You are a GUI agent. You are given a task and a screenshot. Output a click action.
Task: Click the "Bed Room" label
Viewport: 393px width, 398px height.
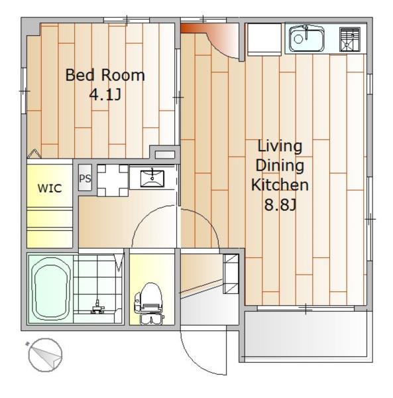[x=105, y=75]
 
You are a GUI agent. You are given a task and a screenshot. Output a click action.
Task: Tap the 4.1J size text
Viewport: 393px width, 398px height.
[x=105, y=94]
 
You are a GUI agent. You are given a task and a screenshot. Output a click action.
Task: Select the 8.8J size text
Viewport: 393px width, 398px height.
[x=280, y=204]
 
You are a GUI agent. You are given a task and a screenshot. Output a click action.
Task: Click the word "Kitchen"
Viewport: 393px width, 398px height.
[x=280, y=185]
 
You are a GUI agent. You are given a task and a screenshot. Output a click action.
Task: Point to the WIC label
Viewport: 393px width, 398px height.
[x=50, y=188]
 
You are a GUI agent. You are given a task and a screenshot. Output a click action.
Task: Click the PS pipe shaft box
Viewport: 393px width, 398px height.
[x=85, y=178]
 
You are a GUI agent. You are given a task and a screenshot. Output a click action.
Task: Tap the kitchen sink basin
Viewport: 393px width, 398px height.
[x=307, y=39]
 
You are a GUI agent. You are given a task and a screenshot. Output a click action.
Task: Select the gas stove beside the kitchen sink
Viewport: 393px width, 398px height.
[x=350, y=39]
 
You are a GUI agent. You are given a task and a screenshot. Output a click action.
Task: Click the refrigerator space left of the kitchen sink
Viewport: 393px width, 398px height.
[x=264, y=39]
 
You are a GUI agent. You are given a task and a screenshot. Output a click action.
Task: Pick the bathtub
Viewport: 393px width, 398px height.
[x=51, y=289]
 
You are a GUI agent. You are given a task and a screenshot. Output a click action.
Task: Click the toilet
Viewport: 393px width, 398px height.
[x=149, y=303]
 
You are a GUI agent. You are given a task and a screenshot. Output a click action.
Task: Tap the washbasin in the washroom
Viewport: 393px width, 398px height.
[x=152, y=178]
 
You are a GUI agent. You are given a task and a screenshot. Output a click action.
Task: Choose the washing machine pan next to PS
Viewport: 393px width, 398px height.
[x=113, y=180]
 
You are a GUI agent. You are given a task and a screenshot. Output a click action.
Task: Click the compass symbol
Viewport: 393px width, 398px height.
[x=45, y=355]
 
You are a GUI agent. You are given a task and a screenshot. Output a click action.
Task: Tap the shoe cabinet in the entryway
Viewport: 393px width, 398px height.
[x=231, y=273]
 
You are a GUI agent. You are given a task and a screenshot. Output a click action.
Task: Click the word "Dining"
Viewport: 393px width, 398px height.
[x=280, y=165]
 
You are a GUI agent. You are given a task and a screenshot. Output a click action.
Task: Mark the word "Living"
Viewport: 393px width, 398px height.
[x=280, y=146]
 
